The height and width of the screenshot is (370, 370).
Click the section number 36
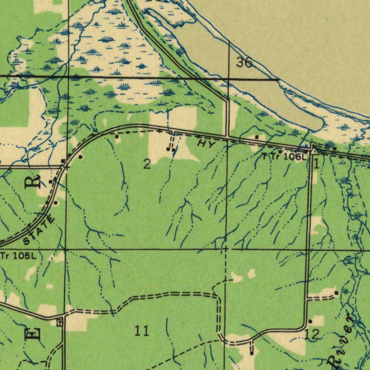[x=244, y=63]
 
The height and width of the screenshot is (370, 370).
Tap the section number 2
[x=146, y=164]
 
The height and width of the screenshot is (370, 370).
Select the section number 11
[x=142, y=330]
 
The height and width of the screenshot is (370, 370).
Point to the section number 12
[x=311, y=335]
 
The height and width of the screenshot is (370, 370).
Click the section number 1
[x=317, y=164]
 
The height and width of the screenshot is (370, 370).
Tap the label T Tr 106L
[x=284, y=157]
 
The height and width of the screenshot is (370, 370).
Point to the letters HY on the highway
[x=206, y=144]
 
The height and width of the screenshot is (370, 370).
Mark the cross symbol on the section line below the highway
[x=225, y=249]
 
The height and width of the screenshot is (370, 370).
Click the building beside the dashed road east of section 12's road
[x=336, y=293]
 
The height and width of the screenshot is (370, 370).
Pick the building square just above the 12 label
[x=310, y=321]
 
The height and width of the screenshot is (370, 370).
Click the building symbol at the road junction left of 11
[x=60, y=322]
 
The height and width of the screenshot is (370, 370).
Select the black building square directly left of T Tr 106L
[x=280, y=151]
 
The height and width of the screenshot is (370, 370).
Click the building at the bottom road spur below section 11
[x=251, y=352]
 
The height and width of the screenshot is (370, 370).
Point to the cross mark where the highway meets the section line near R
[x=65, y=167]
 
